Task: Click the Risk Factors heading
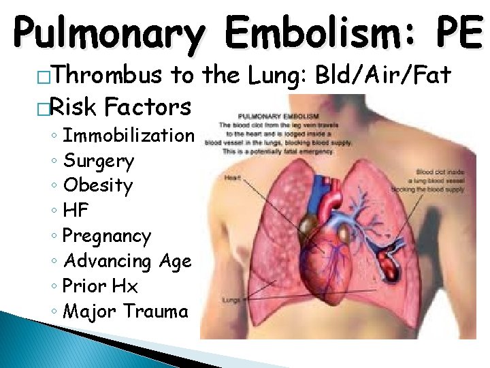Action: click(120, 106)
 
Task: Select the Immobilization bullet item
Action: click(128, 135)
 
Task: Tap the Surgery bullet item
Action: click(98, 161)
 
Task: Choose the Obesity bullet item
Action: click(98, 185)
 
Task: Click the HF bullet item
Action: click(76, 211)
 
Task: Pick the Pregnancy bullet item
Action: click(106, 236)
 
